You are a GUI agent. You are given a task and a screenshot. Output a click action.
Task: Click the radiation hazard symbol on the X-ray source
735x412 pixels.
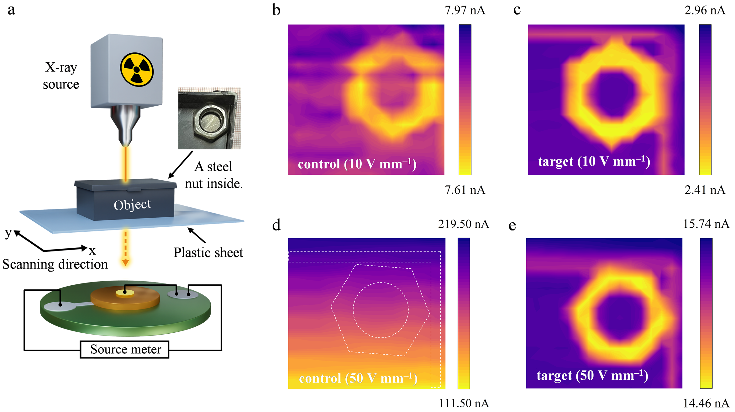tap(137, 69)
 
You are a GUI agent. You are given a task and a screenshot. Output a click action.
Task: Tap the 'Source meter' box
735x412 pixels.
tap(125, 349)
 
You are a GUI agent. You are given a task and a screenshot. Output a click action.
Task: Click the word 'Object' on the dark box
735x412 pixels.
tap(132, 205)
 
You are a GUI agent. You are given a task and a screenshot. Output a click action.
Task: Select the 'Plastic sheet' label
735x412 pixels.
tap(208, 252)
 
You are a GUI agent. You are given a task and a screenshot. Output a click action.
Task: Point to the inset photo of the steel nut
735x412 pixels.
tap(209, 118)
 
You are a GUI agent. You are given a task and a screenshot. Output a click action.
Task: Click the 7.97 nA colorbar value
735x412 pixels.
tap(465, 10)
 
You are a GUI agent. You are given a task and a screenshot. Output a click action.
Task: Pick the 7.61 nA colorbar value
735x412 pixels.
tap(465, 190)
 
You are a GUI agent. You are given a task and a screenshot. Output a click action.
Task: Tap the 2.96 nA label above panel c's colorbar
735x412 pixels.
tap(705, 10)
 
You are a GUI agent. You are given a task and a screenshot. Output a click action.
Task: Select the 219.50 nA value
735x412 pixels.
tap(463, 224)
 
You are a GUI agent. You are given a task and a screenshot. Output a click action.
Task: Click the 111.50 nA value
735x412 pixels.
tap(463, 403)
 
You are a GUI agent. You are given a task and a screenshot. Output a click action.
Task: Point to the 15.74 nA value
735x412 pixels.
tap(706, 224)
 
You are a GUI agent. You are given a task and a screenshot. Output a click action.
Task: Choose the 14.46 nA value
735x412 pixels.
tap(706, 403)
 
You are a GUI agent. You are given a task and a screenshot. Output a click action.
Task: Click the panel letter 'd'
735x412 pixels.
tap(276, 225)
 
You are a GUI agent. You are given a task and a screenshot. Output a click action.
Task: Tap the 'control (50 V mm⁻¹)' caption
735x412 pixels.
tap(358, 378)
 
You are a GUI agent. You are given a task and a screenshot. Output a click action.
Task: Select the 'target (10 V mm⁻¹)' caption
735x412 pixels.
tap(594, 161)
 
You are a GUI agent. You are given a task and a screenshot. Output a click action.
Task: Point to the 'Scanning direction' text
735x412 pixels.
tap(55, 264)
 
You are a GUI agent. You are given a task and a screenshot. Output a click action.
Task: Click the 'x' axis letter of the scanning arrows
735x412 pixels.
tap(92, 251)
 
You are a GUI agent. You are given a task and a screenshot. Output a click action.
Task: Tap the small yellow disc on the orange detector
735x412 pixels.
tap(125, 293)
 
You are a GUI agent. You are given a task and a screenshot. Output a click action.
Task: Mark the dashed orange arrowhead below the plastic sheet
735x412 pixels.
tap(125, 262)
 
